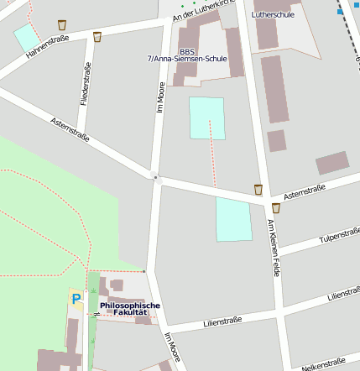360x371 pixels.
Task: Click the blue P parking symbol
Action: (x=76, y=298)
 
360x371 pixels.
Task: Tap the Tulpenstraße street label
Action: (x=339, y=234)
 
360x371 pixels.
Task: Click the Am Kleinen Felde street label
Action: (x=273, y=248)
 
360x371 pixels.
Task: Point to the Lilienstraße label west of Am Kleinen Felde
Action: (x=222, y=320)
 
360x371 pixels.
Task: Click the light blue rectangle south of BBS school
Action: (x=207, y=118)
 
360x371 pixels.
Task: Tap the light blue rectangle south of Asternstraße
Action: (x=233, y=219)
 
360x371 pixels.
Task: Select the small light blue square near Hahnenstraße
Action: (x=26, y=37)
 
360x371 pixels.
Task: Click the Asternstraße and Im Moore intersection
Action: (x=155, y=177)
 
